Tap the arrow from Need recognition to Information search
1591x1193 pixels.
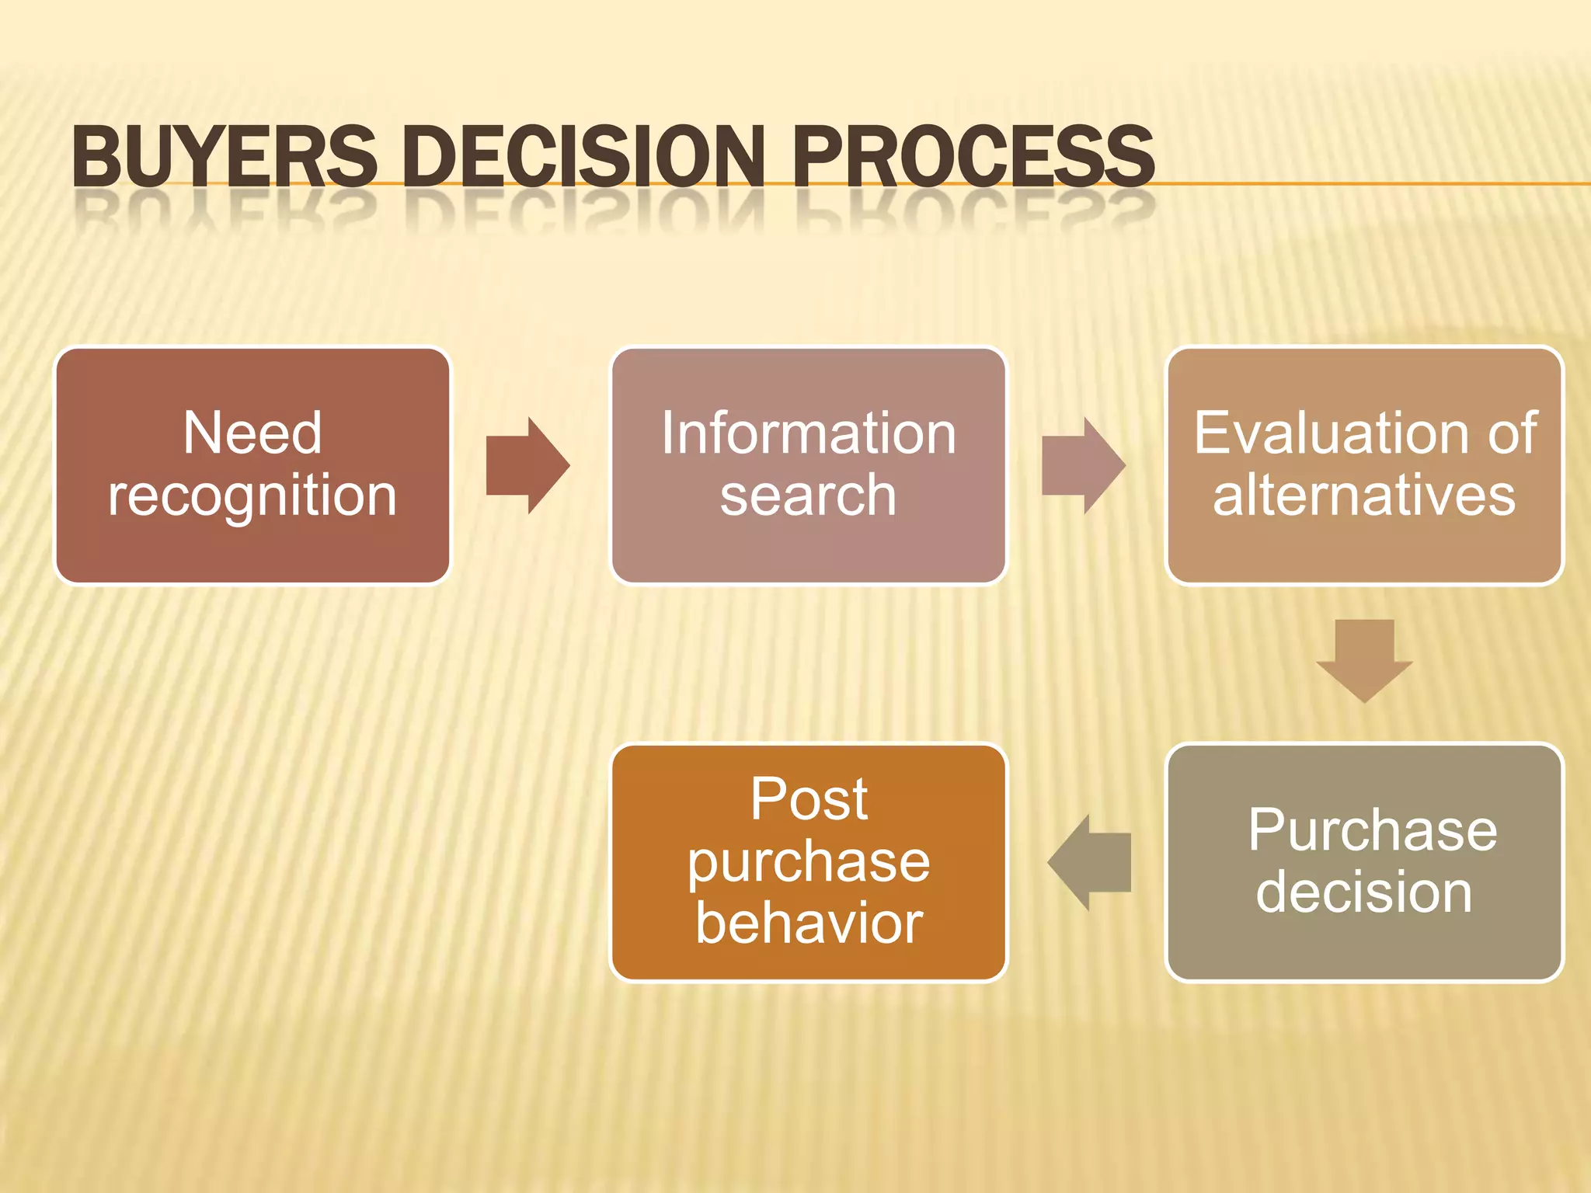tap(527, 465)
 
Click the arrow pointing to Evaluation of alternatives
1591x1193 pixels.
tap(1082, 465)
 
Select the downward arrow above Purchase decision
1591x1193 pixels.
tap(1364, 659)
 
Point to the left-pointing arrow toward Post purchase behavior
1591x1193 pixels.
tap(1089, 862)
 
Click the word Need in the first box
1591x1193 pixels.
tap(252, 433)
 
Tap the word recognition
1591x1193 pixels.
tap(252, 496)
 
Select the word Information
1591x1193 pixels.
tap(808, 433)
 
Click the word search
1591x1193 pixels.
tap(808, 496)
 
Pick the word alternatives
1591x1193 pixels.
tap(1364, 496)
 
